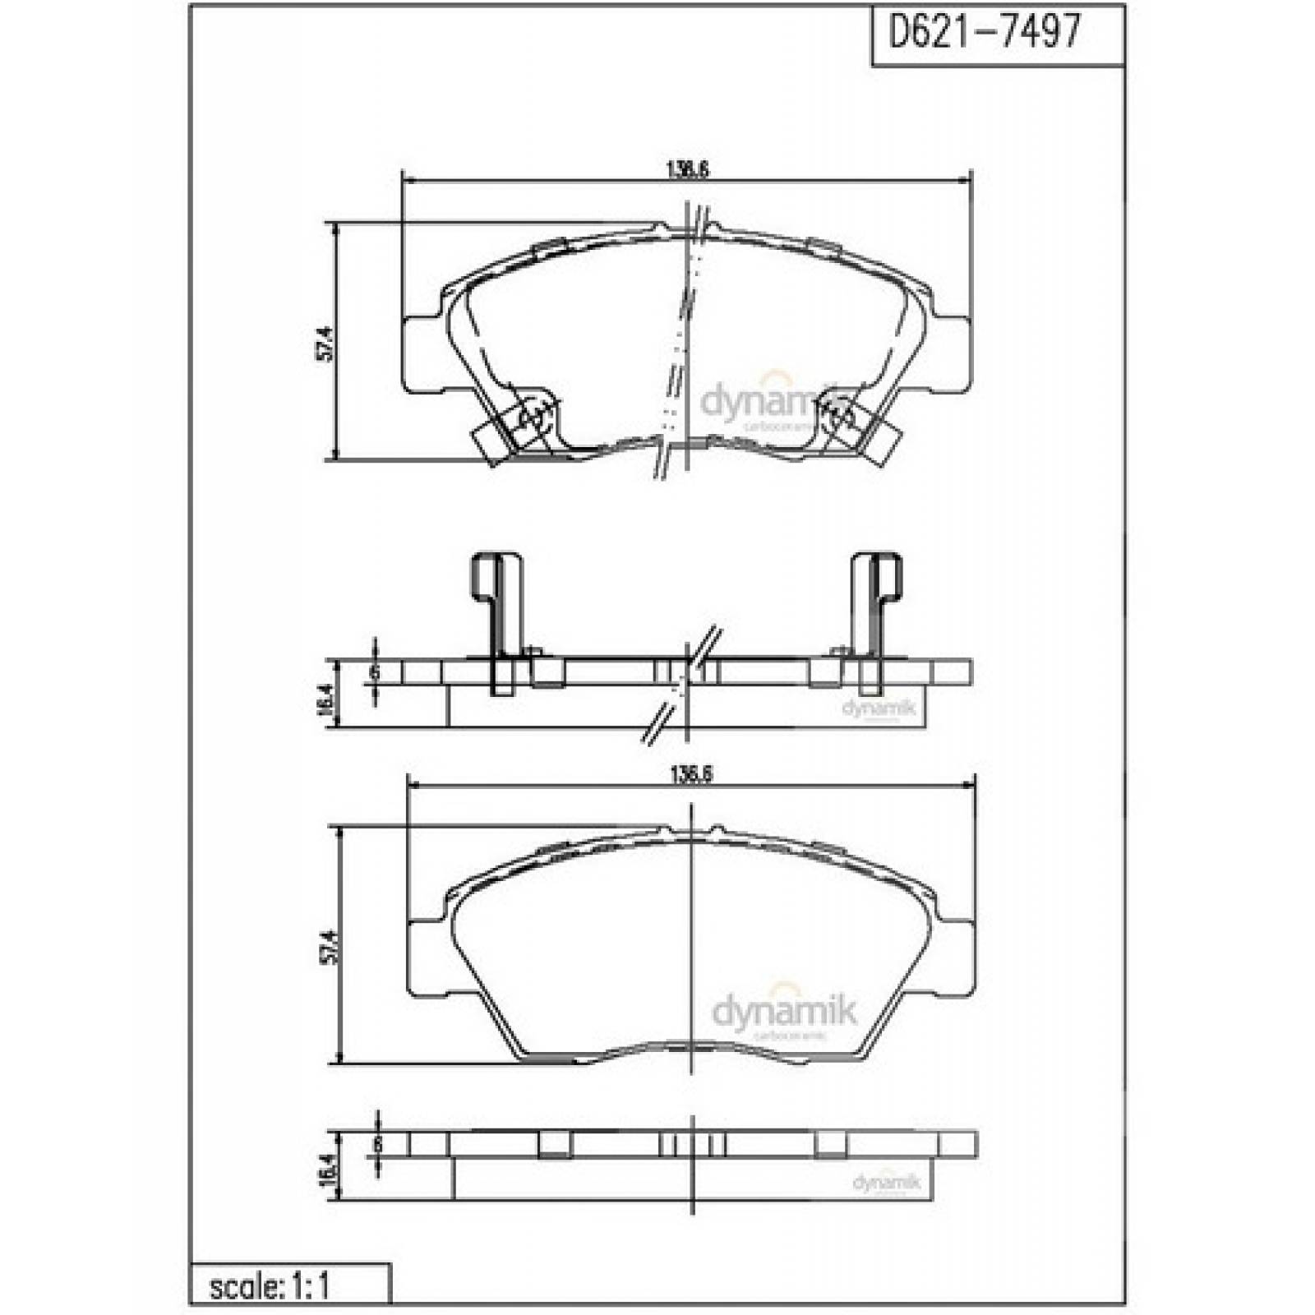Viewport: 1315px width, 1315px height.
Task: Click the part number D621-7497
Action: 984,33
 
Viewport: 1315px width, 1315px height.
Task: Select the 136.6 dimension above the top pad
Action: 687,169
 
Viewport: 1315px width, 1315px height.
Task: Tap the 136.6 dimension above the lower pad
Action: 690,774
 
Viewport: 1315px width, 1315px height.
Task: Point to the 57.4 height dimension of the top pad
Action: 326,344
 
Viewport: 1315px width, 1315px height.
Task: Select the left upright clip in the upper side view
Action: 496,608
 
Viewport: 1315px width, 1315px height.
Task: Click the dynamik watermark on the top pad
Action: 768,403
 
